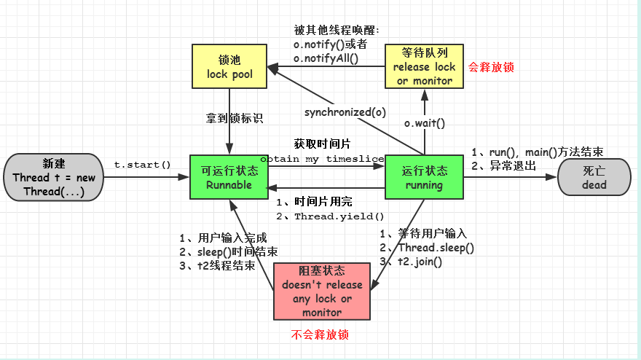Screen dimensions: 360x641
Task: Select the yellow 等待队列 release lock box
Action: tap(424, 66)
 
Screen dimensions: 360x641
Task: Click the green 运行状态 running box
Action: tap(423, 177)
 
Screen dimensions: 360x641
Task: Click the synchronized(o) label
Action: tap(345, 112)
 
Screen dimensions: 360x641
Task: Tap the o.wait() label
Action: tap(425, 123)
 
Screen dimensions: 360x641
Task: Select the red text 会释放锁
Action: tap(492, 67)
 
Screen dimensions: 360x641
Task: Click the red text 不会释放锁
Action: tap(320, 335)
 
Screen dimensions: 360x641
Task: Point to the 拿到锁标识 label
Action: tap(234, 117)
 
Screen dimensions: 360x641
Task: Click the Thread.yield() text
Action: tap(339, 216)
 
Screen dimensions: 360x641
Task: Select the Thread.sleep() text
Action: tap(436, 248)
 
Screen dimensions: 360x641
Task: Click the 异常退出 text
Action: tap(511, 165)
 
